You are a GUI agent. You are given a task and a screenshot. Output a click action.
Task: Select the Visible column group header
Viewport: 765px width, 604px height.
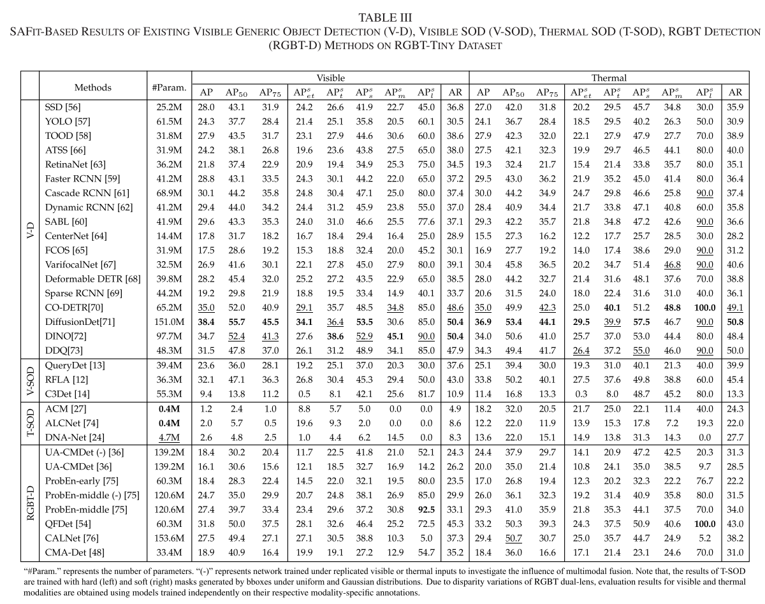click(331, 78)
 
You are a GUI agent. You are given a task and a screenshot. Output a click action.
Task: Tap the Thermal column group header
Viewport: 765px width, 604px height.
click(609, 78)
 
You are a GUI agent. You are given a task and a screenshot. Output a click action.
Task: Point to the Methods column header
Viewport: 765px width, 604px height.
click(93, 87)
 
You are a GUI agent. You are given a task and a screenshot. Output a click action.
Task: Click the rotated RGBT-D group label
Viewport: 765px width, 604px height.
click(30, 508)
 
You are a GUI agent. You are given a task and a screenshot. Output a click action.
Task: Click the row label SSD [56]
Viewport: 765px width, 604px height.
click(64, 106)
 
